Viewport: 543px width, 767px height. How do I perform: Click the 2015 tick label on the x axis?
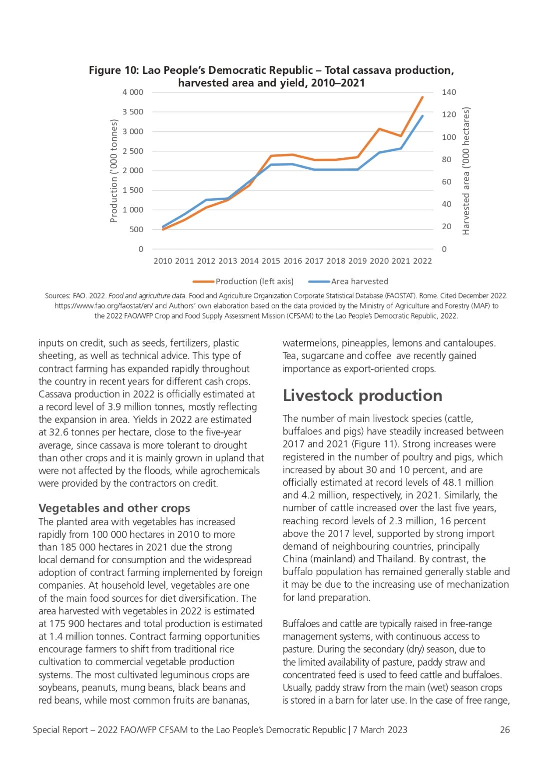pos(271,261)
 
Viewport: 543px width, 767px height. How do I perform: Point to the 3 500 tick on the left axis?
pos(133,112)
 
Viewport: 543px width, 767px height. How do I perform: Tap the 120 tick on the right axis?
pos(449,114)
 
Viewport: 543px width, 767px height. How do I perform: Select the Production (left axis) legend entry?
pos(243,282)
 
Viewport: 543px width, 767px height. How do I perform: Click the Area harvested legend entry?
pos(348,282)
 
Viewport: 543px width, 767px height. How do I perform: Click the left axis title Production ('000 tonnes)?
pos(114,171)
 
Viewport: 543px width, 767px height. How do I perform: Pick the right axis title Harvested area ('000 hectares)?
pos(466,171)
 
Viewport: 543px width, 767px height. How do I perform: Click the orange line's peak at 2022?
pos(422,97)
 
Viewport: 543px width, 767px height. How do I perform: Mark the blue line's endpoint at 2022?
pos(422,116)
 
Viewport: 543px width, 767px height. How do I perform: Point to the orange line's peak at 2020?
pos(379,129)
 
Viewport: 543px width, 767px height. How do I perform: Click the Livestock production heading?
pos(362,395)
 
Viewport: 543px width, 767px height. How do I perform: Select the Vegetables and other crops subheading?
pos(114,508)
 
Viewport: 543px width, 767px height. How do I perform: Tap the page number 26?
pos(505,730)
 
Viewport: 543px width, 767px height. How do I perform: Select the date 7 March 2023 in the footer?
pos(380,730)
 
